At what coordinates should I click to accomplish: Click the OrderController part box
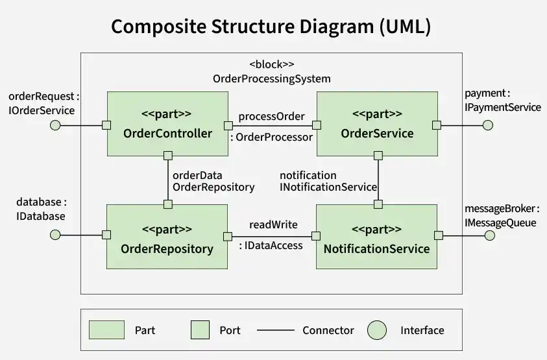[167, 124]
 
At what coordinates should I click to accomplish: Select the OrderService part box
[377, 124]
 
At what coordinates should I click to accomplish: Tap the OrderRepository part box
[167, 237]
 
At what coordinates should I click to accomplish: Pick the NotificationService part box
[377, 237]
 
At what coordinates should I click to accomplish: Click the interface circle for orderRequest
[55, 125]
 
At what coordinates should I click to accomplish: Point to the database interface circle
[55, 235]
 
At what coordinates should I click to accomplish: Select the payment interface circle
[488, 125]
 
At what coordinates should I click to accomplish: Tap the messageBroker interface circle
[490, 235]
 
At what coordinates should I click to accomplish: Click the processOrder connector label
[272, 117]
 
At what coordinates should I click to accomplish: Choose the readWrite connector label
[274, 224]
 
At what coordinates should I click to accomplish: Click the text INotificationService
[328, 187]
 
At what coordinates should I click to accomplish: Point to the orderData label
[197, 175]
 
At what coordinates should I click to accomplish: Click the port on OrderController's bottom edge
[168, 156]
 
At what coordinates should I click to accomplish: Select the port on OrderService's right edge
[437, 125]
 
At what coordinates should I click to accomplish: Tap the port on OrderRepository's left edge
[106, 235]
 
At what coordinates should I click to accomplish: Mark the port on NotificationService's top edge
[378, 204]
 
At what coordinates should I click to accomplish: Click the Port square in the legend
[201, 330]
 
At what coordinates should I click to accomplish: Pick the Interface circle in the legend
[377, 330]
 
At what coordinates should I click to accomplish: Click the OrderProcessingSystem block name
[272, 79]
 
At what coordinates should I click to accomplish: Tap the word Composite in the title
[159, 27]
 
